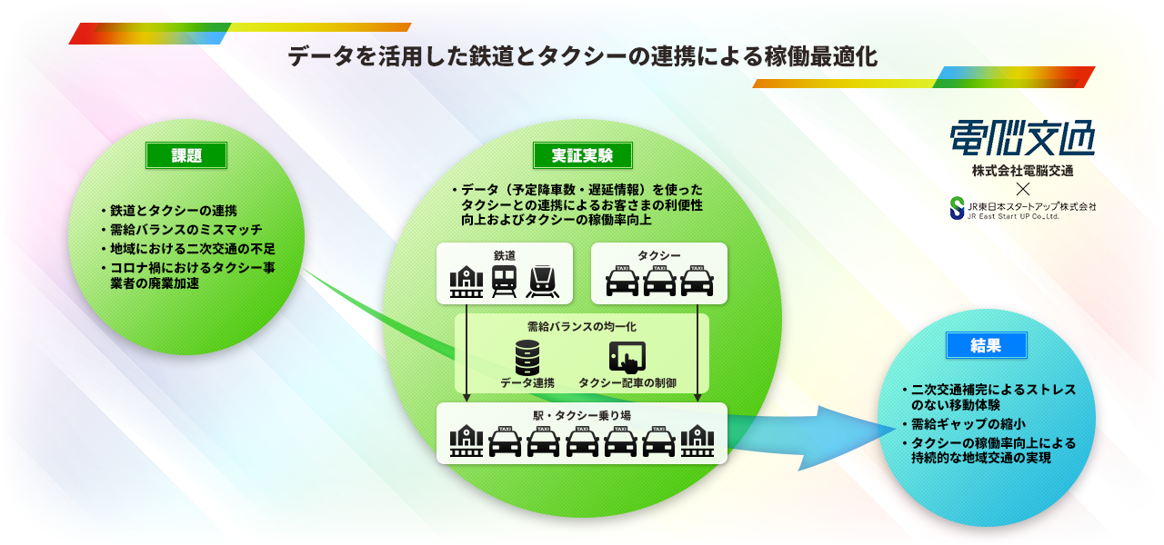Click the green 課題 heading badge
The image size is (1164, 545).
pyautogui.click(x=186, y=155)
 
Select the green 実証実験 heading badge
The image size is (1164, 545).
pyautogui.click(x=583, y=155)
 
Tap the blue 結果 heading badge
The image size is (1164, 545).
pyautogui.click(x=986, y=345)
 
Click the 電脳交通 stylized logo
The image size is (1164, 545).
pyautogui.click(x=1022, y=138)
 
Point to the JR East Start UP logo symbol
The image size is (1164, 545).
pyautogui.click(x=957, y=208)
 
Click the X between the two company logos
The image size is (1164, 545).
pyautogui.click(x=1023, y=188)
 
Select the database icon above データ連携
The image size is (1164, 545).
pyautogui.click(x=527, y=358)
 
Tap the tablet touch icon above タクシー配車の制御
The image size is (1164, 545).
pyautogui.click(x=627, y=357)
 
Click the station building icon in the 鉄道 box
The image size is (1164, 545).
pyautogui.click(x=467, y=282)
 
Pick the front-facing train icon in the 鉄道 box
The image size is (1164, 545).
pyautogui.click(x=504, y=282)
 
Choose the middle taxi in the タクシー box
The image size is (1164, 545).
pyautogui.click(x=659, y=281)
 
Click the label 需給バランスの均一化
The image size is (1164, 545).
pyautogui.click(x=582, y=326)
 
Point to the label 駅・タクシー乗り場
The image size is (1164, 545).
pyautogui.click(x=582, y=415)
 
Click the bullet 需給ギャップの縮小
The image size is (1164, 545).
pyautogui.click(x=968, y=424)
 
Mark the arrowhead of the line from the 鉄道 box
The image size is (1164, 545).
pyautogui.click(x=467, y=398)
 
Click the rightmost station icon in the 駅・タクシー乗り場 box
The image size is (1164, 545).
pyautogui.click(x=697, y=441)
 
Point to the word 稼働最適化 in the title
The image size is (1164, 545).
pyautogui.click(x=821, y=56)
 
